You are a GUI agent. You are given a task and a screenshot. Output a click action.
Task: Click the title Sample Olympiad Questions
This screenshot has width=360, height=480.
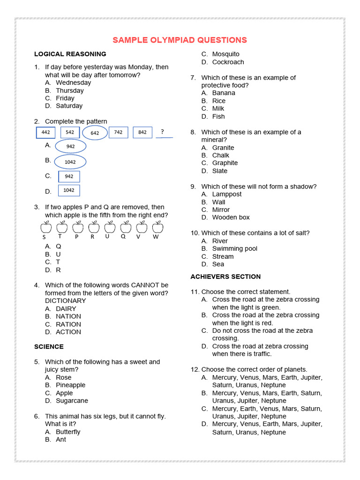tap(180, 40)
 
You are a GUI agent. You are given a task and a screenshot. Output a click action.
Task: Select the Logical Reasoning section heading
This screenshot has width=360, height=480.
tap(70, 54)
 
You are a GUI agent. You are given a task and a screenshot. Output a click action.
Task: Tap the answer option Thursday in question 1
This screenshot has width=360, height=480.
tap(69, 90)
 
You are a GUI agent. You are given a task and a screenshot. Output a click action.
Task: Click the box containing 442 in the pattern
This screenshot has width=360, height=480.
tap(46, 133)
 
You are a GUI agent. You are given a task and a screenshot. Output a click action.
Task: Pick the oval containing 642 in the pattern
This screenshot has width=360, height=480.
tap(95, 133)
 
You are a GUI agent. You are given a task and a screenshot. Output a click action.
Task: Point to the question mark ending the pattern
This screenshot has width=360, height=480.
tap(163, 132)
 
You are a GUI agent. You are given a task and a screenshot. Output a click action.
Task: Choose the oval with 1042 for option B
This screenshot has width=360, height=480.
tap(70, 162)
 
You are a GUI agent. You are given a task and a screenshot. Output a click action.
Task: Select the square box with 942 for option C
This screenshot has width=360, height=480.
tap(69, 177)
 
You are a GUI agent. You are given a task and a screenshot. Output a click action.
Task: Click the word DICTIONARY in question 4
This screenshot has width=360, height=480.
tap(66, 300)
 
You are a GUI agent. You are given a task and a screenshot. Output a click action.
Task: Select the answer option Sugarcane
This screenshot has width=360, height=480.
tap(72, 401)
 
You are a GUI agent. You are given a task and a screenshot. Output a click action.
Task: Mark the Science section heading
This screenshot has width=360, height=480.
tap(49, 347)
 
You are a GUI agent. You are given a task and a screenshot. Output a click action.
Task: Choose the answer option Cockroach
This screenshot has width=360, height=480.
tap(228, 62)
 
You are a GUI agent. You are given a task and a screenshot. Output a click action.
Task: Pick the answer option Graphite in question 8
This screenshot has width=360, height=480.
tap(225, 163)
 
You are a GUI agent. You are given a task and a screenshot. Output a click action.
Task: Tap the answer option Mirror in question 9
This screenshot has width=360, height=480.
tap(221, 210)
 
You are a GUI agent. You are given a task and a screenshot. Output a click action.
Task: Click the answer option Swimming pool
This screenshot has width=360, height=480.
tap(234, 248)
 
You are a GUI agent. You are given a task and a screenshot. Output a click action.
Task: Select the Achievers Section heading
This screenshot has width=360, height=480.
tap(225, 277)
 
